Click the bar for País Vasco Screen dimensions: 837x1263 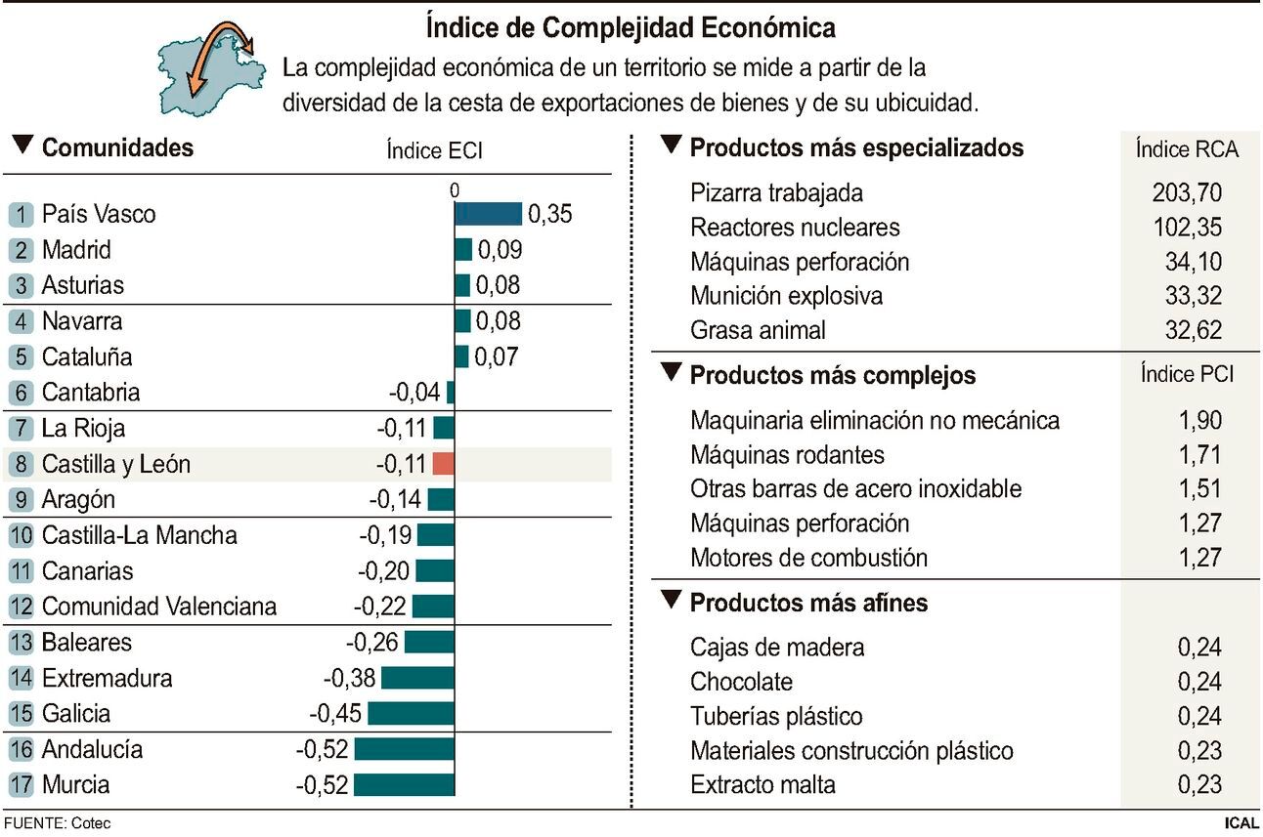(x=488, y=214)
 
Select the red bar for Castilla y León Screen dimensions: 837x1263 (x=444, y=464)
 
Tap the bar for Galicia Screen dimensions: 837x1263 (x=411, y=714)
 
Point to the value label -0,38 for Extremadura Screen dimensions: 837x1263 (x=349, y=678)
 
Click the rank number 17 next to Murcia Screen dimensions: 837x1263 (x=21, y=785)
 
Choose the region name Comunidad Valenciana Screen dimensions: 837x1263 (x=158, y=607)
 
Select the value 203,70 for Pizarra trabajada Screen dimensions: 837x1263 (x=1187, y=192)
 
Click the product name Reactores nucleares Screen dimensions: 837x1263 (x=794, y=228)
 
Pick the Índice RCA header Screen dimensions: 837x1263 (x=1187, y=149)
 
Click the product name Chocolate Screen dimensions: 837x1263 (x=741, y=682)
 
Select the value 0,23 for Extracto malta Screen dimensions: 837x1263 (x=1200, y=784)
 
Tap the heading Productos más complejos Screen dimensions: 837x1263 (x=832, y=376)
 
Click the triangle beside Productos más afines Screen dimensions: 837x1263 (x=670, y=601)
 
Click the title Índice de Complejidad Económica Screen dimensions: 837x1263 (x=631, y=27)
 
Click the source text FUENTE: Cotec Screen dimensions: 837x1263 (x=57, y=823)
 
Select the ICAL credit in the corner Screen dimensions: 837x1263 (x=1241, y=823)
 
